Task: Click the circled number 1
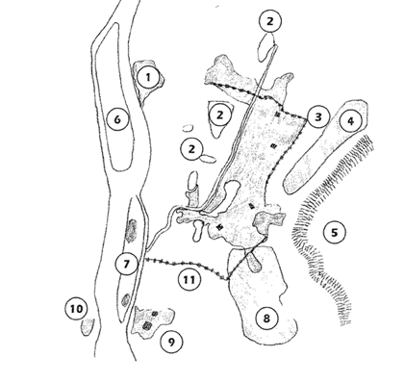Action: coord(148,77)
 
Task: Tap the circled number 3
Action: coord(318,117)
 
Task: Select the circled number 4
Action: coord(351,121)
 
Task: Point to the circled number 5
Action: coord(335,233)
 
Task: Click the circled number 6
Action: coord(117,119)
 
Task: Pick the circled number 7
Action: coord(127,264)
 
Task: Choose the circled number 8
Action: coord(266,319)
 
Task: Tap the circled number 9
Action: coord(171,343)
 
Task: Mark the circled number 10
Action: coord(77,309)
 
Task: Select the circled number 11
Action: coord(189,280)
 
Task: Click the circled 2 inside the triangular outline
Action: coord(219,115)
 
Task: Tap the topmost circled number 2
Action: coord(270,21)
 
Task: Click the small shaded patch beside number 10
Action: coord(88,326)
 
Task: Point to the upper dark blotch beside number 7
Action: coord(131,230)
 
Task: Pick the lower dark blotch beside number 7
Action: coord(126,300)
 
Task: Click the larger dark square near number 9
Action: coord(147,325)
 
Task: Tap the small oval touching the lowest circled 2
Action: coord(208,159)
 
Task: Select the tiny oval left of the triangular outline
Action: coord(188,128)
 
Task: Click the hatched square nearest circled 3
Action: coord(278,114)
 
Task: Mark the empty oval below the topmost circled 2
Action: coord(265,48)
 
